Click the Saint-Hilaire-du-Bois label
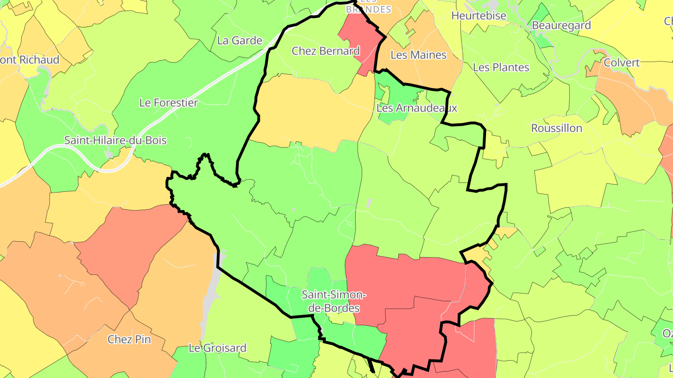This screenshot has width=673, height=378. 115,140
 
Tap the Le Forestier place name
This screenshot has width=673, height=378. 169,103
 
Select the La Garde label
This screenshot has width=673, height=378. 240,41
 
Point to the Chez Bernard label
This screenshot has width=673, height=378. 326,51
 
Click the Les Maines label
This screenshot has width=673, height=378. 418,55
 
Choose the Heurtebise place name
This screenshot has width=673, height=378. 479,16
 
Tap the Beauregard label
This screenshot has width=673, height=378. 561,25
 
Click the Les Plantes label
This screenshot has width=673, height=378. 501,68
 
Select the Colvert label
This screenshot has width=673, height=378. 622,63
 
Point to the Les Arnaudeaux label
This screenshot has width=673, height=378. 416,108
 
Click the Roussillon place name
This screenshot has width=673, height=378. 557,128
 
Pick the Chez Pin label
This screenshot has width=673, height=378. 129,339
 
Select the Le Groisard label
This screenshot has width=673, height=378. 217,348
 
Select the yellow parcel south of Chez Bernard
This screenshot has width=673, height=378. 308,112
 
